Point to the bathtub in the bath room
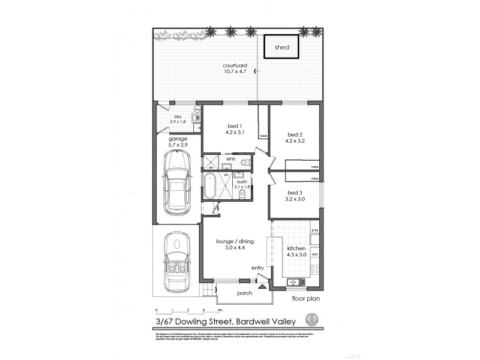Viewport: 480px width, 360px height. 209,186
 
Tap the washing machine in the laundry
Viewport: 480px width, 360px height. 197,119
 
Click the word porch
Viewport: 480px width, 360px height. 244,293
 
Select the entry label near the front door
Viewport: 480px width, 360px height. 258,268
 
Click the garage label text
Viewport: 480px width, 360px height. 178,142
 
